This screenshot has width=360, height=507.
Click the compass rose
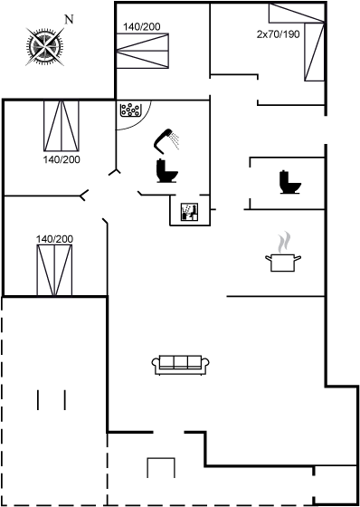pos(44,46)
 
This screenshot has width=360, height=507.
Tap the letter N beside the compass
pos(69,20)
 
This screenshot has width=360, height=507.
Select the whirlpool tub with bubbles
pos(131,110)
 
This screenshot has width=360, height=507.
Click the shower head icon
pos(166,141)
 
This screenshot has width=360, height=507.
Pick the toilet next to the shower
pos(166,171)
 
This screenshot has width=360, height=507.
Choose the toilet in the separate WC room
pos(290,182)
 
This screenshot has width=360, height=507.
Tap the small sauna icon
pos(189,212)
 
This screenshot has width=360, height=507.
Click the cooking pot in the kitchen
pos(283,263)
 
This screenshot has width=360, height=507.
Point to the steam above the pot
pos(283,242)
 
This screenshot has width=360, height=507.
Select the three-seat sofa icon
pos(181,365)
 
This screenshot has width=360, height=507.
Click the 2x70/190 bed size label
pos(279,34)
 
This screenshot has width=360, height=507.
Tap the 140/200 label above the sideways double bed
pos(141,27)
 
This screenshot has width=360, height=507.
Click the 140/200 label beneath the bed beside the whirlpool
pos(62,159)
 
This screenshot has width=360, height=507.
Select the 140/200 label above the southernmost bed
pos(54,239)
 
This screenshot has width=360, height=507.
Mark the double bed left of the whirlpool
pos(62,126)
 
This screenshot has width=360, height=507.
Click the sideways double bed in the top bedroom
pos(143,51)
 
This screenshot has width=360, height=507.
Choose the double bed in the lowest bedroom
pos(54,271)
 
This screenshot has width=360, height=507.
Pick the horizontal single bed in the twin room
pos(297,14)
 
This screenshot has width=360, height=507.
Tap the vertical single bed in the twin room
pos(314,52)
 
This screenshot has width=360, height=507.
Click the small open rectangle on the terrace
pos(161,467)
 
